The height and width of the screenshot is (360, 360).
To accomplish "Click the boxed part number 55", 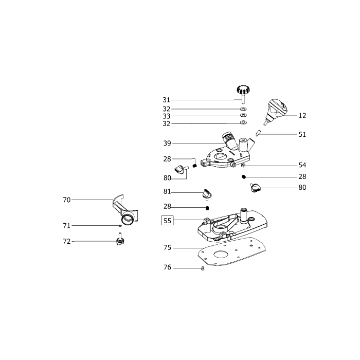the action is tap(167, 221).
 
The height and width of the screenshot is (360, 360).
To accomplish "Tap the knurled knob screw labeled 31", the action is tap(243, 94).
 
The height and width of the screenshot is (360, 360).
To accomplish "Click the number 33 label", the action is tap(167, 116).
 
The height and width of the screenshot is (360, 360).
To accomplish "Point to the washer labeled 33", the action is tap(243, 115).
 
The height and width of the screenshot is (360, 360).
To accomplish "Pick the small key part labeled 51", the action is tap(258, 133).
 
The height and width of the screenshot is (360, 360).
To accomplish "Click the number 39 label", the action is tap(167, 143).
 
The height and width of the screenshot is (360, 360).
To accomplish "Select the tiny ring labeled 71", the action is tap(120, 226).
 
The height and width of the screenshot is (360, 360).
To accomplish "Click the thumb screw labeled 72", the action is tap(120, 240).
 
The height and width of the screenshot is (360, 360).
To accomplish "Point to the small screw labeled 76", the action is tap(202, 268).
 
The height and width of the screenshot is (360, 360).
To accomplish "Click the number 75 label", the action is tap(167, 248).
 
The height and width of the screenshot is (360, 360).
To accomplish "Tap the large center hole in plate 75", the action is tap(221, 255).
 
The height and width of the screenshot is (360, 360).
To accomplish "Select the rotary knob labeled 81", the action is tap(207, 193).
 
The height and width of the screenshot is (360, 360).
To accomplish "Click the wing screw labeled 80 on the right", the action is tap(255, 187).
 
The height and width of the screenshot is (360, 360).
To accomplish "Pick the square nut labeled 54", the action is tap(244, 165).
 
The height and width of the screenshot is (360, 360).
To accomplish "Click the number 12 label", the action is tap(302, 116).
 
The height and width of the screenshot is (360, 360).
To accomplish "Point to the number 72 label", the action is tap(66, 242).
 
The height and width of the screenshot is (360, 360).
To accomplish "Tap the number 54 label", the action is tap(302, 165).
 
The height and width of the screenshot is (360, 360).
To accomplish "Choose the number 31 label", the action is tap(167, 100).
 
